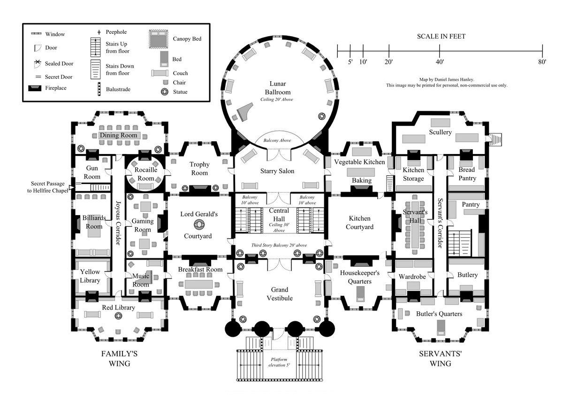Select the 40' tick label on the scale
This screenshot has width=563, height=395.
(x=440, y=62)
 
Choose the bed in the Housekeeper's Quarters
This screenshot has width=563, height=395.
(x=360, y=293)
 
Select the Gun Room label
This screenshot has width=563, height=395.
(x=92, y=173)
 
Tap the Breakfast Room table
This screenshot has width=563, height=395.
(x=199, y=284)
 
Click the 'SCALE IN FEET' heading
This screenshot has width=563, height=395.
(x=441, y=36)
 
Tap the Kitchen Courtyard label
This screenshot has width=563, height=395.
(x=360, y=223)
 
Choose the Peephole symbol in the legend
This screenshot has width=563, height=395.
(x=99, y=32)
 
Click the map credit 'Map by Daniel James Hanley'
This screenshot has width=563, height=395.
(x=447, y=80)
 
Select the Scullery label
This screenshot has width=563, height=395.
(x=440, y=132)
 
